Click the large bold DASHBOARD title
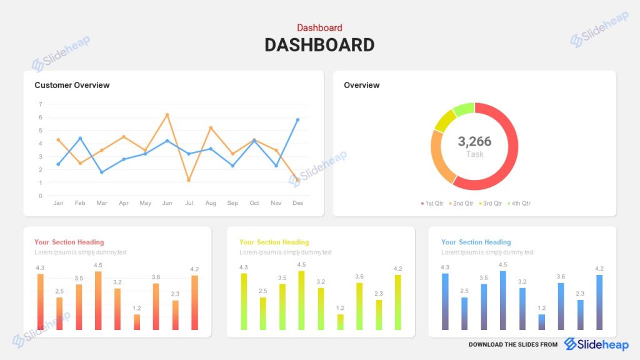click(319, 45)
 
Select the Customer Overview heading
click(72, 85)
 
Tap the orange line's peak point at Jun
click(167, 115)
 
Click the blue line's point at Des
click(297, 120)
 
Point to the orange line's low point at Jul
click(189, 180)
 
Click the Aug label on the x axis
click(211, 203)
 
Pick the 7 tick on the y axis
click(40, 104)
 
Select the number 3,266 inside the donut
click(474, 141)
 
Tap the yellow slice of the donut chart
click(444, 120)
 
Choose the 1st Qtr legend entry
click(432, 204)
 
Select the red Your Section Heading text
click(69, 242)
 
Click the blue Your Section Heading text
click(476, 242)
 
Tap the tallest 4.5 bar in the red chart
click(98, 300)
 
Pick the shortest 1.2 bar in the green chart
click(340, 322)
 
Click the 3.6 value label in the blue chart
click(561, 276)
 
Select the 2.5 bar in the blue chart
click(464, 313)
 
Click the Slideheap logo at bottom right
click(596, 344)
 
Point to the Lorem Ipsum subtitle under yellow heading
click(285, 252)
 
